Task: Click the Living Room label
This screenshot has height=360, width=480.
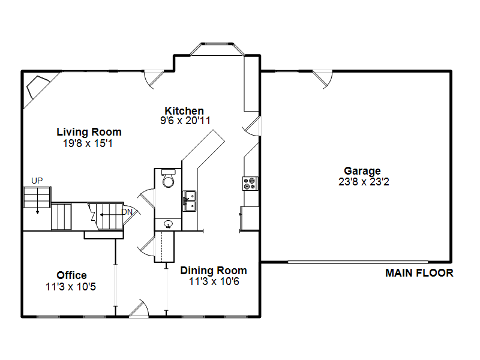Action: pos(89,132)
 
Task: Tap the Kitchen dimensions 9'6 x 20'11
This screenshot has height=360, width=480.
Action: pos(185,121)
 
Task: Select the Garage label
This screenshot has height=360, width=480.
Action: pos(362,171)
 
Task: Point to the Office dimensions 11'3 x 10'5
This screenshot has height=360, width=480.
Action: pos(71,287)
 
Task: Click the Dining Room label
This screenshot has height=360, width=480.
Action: pos(214,271)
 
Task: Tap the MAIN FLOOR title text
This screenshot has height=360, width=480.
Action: pos(419,273)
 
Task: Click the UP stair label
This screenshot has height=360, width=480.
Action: pos(37,181)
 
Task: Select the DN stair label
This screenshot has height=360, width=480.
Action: pos(127,212)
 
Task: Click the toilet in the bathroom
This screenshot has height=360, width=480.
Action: pos(168,178)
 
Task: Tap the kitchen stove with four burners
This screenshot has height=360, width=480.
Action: pos(250,184)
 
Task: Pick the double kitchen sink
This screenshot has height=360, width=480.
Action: pos(190,201)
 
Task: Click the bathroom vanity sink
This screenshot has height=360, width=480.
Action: pos(168,224)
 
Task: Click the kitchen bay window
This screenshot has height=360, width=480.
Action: pos(217,49)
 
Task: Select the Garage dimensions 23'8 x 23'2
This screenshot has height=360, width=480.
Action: pos(364,182)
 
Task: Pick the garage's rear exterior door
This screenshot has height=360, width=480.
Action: pos(323,79)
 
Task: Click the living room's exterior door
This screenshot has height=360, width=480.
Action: pos(154,79)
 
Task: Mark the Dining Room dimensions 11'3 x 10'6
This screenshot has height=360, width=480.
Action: pos(214,281)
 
